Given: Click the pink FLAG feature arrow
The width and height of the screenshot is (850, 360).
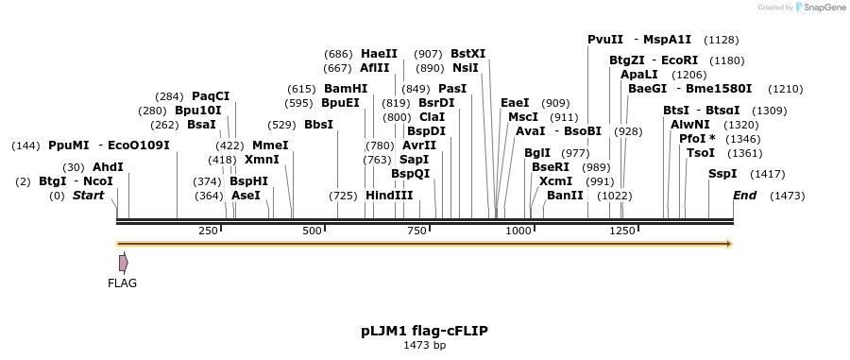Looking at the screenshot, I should tap(123, 263).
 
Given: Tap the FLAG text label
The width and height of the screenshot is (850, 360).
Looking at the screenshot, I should tap(123, 283).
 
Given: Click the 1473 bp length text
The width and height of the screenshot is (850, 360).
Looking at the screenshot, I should tap(424, 346).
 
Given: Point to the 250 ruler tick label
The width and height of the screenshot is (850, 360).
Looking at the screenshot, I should tap(208, 231).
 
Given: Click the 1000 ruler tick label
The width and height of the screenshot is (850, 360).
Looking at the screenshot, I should tap(518, 231).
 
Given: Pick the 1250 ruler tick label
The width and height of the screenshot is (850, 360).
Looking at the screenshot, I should tap(622, 231).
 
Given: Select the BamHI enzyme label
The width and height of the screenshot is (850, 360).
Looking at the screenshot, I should tap(346, 88).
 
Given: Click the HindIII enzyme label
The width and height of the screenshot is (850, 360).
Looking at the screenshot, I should tap(390, 196).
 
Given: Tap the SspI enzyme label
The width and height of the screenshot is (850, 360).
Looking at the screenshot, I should tap(723, 174).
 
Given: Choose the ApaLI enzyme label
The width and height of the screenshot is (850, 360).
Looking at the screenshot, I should tap(639, 74).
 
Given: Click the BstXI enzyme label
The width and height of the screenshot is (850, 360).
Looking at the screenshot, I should tap(468, 54).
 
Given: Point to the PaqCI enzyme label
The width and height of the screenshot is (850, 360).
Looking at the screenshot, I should tap(211, 95).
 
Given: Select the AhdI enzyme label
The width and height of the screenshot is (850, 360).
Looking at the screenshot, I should tap(108, 167).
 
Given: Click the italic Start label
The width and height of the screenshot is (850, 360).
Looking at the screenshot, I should tap(88, 196).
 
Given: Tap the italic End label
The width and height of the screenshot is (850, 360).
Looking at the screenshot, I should tap(745, 196).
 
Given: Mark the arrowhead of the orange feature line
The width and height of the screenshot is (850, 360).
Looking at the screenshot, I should tap(727, 244).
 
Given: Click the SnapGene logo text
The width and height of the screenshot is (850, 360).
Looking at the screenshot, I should tap(818, 8).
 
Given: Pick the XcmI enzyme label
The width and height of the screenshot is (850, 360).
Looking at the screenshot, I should tap(555, 180).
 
